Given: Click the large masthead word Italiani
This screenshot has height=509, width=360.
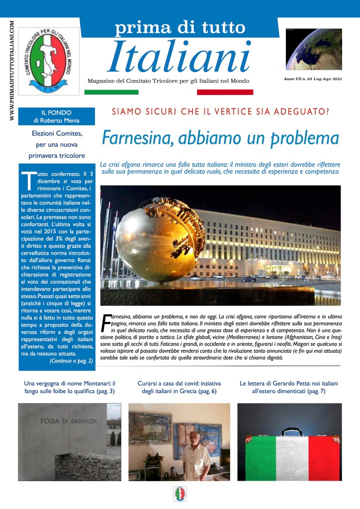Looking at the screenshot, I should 179,56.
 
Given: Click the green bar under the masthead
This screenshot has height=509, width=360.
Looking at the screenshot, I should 111,92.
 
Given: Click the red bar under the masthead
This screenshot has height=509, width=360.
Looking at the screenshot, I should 225,92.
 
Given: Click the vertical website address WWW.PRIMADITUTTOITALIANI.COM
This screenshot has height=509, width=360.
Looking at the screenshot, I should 11,69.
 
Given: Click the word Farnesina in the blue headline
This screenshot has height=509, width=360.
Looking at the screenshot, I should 136,137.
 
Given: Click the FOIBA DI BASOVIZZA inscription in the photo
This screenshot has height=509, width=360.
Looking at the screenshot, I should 69,421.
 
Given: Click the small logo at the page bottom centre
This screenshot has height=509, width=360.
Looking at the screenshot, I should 180,494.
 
